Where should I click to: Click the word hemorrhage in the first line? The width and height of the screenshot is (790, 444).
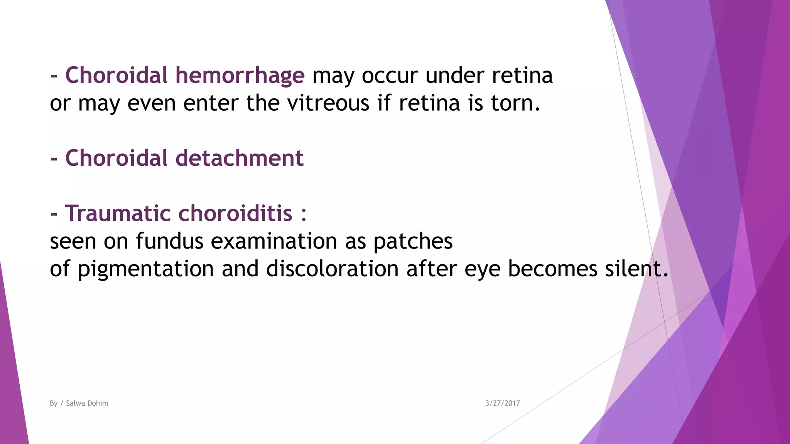pos(240,76)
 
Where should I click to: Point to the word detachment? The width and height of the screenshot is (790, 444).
pos(240,158)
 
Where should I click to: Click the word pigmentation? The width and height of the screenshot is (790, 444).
pos(146,269)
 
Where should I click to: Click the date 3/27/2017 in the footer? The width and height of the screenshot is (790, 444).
pos(502,403)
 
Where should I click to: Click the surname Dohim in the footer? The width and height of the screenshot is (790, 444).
pos(98,403)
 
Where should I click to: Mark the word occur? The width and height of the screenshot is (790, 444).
pos(390,76)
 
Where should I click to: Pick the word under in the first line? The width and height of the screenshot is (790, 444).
pos(454,76)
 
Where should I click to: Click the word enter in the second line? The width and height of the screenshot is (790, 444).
pos(211,103)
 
